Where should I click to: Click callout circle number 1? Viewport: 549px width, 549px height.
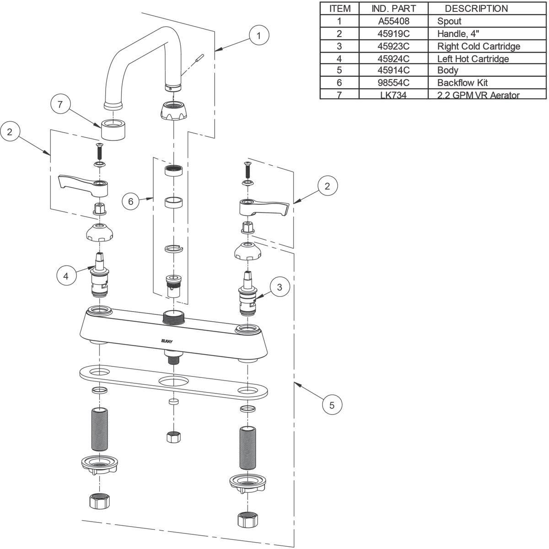[x=259, y=35]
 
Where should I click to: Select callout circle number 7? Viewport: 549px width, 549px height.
[x=59, y=104]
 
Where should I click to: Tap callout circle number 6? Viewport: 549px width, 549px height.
[x=131, y=201]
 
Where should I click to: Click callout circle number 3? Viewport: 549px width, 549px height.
[x=280, y=287]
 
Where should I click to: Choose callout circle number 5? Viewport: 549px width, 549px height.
[x=332, y=405]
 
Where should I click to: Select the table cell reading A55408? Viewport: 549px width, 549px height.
[x=393, y=21]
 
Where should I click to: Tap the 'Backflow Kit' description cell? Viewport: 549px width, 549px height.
[x=462, y=83]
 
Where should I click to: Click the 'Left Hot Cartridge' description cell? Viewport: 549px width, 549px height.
[x=473, y=59]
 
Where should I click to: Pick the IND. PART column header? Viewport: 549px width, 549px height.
[x=393, y=9]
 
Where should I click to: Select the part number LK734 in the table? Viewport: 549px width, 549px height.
[x=393, y=95]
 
